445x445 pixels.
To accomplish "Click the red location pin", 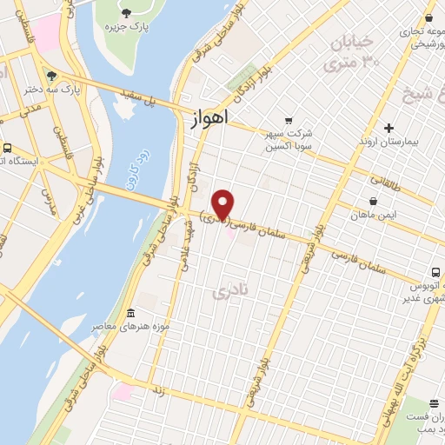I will tap(223, 203).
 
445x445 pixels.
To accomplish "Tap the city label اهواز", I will tap(208, 118).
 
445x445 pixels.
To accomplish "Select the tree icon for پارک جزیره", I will tap(127, 12).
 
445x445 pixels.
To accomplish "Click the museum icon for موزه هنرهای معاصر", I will tap(130, 313).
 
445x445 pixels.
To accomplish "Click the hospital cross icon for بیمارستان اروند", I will tap(389, 128).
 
